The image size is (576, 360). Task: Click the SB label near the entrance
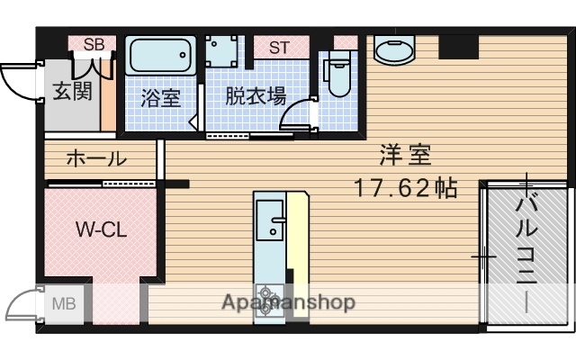tap(94, 44)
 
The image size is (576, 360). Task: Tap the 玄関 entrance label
tap(71, 92)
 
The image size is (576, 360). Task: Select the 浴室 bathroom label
tap(161, 97)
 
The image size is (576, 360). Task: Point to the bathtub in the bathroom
tap(161, 58)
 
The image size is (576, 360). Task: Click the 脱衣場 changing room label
tap(256, 95)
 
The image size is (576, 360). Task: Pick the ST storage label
tap(278, 47)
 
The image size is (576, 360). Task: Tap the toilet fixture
tap(338, 75)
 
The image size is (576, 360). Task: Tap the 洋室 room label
tap(405, 156)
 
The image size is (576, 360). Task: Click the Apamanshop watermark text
tap(288, 302)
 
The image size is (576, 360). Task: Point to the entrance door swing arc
tap(16, 85)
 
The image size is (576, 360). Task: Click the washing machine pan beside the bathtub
tap(221, 53)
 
